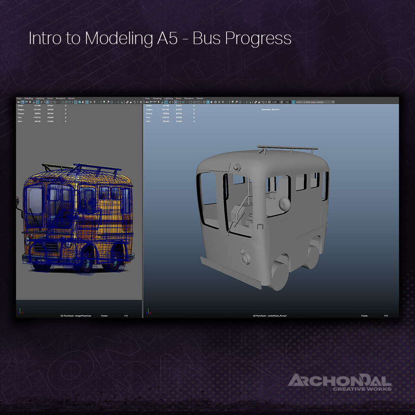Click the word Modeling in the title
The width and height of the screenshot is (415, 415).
coord(117,39)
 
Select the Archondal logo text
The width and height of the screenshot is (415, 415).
coord(339,381)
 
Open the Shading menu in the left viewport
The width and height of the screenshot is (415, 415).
coord(29,99)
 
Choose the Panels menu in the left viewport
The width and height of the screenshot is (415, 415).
coord(71,99)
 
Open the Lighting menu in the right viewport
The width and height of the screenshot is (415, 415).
coord(168,99)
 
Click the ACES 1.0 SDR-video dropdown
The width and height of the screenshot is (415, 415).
coord(315,102)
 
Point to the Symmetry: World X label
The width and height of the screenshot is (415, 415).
coord(270,110)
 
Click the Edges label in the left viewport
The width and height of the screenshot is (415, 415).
coord(21,109)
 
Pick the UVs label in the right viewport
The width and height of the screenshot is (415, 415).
coord(149,121)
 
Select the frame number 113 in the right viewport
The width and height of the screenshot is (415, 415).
coord(385,316)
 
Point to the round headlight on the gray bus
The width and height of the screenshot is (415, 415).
coord(245,259)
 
